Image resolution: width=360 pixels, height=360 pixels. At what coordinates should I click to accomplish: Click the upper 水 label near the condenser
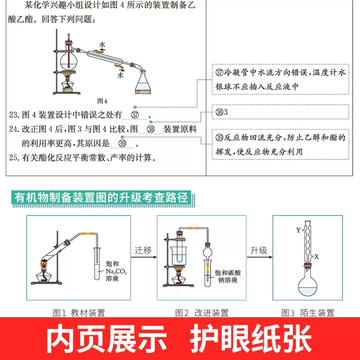(103, 45)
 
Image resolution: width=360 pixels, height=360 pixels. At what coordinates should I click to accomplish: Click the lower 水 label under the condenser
(120, 76)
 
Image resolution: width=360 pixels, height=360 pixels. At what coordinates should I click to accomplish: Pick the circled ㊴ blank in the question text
(122, 144)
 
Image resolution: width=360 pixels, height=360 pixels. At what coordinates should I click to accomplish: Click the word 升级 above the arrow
(259, 250)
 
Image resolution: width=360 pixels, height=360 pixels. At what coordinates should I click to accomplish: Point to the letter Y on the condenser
(298, 230)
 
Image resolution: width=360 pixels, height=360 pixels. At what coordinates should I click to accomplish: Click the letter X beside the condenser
(317, 256)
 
